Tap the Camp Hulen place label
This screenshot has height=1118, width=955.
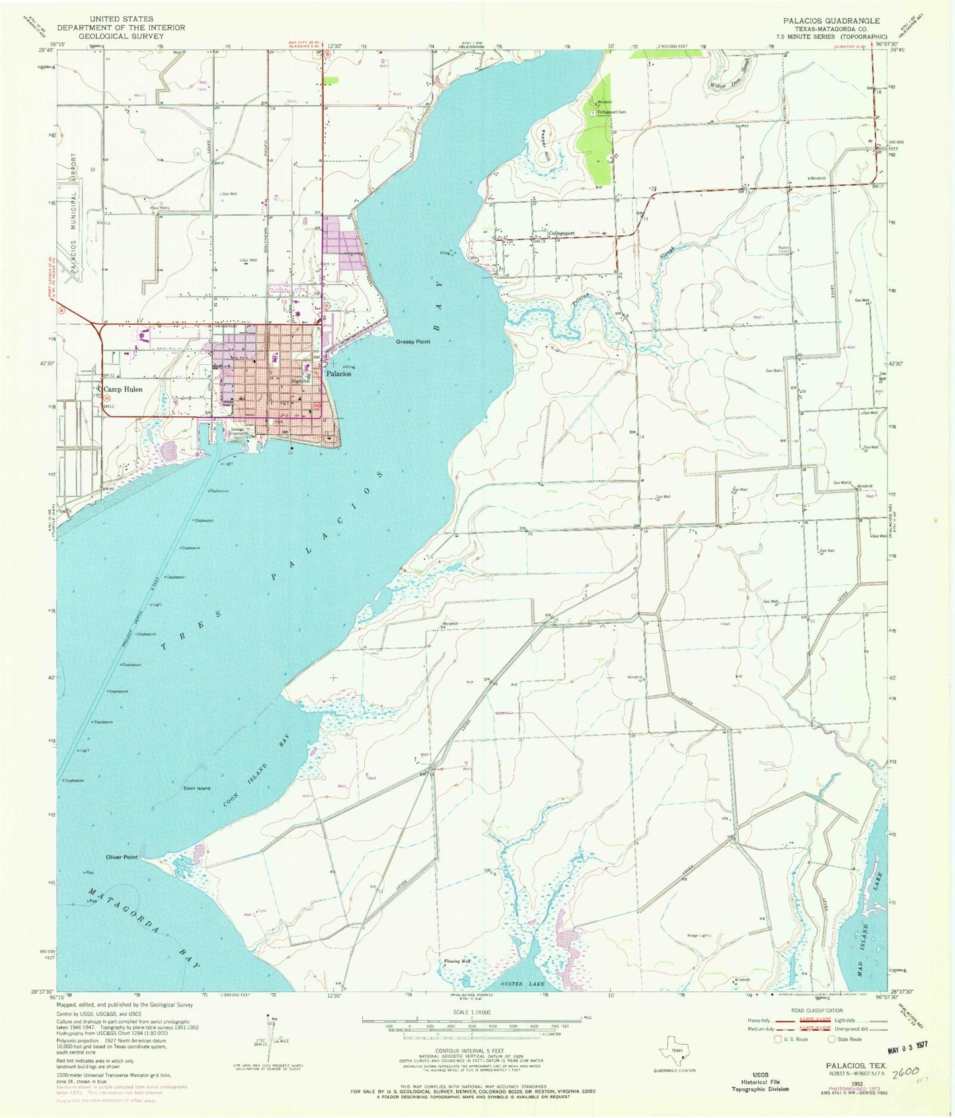(x=123, y=389)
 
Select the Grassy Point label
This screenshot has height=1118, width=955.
(x=413, y=342)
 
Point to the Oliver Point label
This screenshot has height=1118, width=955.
(x=122, y=857)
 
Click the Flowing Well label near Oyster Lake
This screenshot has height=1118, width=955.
(x=457, y=961)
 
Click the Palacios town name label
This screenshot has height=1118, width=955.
(x=338, y=373)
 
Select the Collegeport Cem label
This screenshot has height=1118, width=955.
(x=611, y=112)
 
